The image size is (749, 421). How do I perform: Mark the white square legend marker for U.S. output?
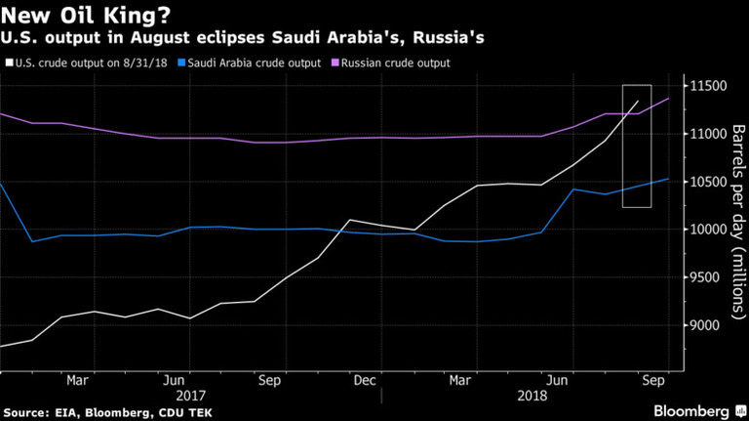click(9, 63)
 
